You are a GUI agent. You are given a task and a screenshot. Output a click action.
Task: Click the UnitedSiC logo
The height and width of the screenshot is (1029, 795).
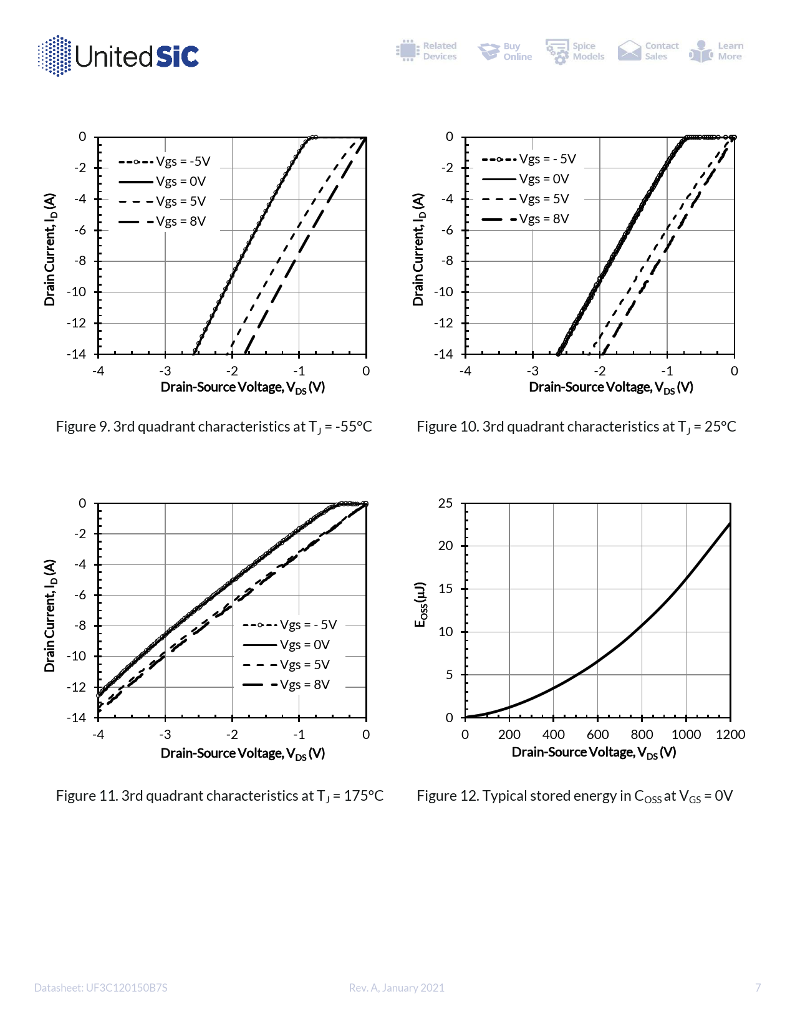point(118,56)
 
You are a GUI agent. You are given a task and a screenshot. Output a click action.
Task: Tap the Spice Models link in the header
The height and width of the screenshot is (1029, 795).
point(576,51)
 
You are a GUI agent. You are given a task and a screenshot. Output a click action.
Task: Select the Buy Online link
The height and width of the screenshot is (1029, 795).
point(505,51)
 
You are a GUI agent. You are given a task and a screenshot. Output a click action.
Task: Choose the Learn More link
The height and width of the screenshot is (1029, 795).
point(717,51)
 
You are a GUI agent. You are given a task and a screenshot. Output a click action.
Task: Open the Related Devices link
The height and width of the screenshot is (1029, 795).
point(427,51)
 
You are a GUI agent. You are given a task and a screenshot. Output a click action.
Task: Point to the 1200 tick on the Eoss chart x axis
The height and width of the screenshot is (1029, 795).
point(730,735)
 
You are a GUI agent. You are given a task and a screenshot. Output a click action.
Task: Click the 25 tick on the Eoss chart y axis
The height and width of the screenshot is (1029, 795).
point(446,503)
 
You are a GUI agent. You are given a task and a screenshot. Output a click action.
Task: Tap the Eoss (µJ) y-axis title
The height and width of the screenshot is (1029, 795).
point(422,605)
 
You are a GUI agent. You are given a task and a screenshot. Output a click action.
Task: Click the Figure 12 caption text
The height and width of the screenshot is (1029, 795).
point(574,796)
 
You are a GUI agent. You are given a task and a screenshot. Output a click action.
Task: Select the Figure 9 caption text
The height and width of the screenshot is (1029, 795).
point(214,427)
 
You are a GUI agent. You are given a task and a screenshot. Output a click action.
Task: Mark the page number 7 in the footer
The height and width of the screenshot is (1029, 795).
point(758,987)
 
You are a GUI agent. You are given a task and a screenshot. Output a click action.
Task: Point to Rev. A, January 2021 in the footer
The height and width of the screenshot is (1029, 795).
point(397,988)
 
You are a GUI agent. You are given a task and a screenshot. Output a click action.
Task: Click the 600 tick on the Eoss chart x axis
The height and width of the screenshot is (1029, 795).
point(597,735)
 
